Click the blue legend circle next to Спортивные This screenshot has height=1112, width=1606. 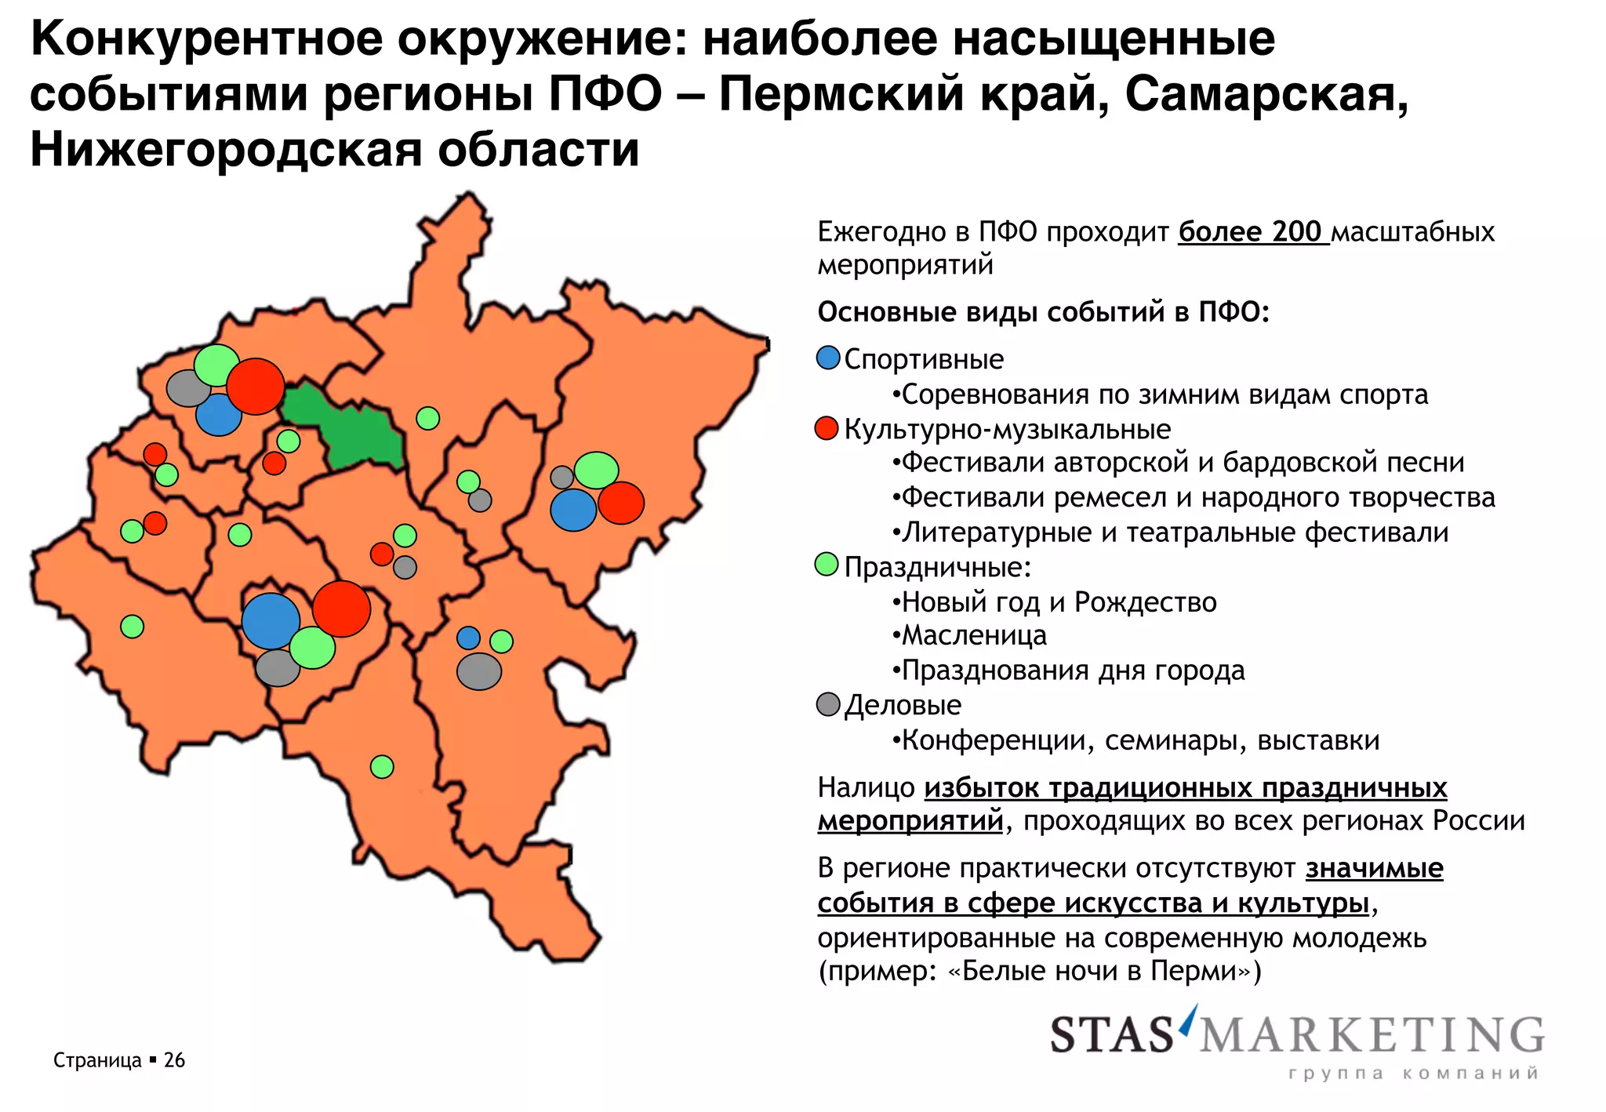tap(827, 358)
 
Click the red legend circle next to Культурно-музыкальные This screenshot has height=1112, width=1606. tap(827, 428)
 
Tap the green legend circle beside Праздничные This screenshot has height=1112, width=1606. tap(827, 565)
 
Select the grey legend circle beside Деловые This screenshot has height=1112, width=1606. tap(828, 704)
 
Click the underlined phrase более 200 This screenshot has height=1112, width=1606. tap(1252, 232)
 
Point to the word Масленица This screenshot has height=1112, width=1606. tap(974, 635)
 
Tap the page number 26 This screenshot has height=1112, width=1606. tap(174, 1060)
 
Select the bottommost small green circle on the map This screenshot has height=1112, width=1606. tap(382, 766)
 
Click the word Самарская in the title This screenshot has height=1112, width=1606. tap(1266, 94)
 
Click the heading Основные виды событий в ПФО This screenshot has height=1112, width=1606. tap(1043, 312)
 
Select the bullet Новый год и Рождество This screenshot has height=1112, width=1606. tap(1059, 602)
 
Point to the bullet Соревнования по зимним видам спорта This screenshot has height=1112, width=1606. tap(1165, 394)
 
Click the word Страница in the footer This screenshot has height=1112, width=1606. tap(97, 1060)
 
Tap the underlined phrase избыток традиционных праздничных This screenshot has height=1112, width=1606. tap(1185, 787)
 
